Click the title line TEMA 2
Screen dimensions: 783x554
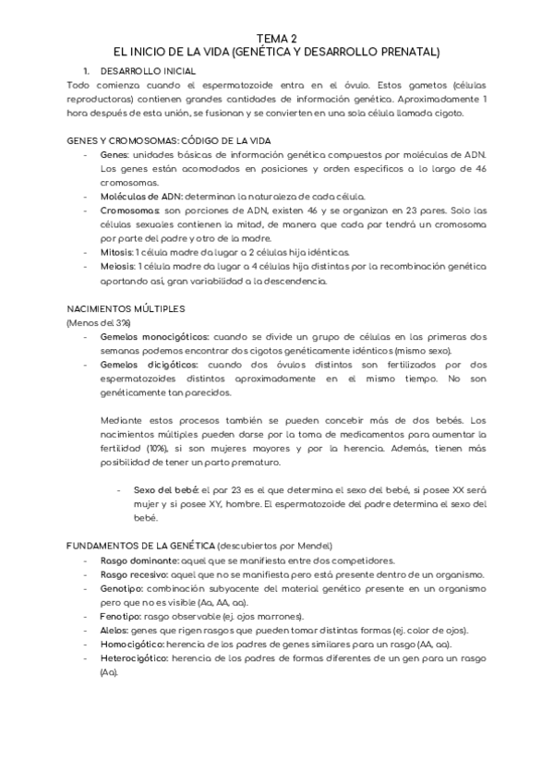tap(277, 39)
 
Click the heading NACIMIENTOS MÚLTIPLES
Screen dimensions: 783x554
tap(126, 307)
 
